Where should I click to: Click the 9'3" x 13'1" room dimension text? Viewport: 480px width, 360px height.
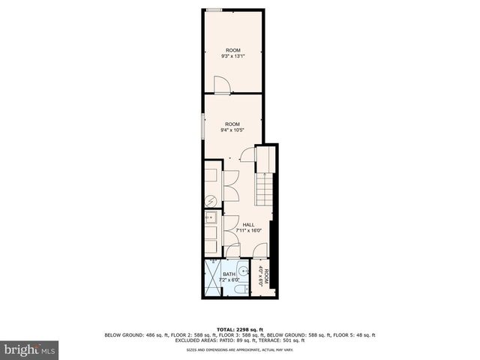point(232,56)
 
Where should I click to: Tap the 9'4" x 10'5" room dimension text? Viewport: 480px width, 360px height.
point(232,130)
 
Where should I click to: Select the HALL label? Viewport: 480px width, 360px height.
point(247,224)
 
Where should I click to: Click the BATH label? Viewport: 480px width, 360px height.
point(229,274)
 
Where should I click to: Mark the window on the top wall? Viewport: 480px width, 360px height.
point(214,10)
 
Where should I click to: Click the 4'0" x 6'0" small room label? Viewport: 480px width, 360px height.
point(263,277)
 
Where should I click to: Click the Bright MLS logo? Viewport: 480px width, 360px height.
point(30,349)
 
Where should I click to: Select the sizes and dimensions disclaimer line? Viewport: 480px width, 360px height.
point(239,349)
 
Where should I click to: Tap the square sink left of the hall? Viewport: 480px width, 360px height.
point(211,218)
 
